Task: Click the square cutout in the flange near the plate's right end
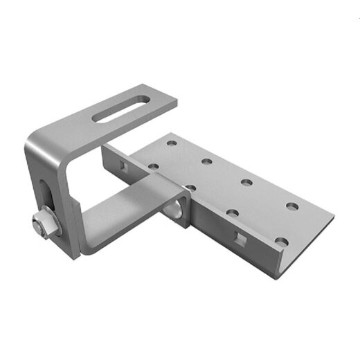(240, 238)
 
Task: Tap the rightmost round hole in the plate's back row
(290, 206)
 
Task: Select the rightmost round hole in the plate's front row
(280, 242)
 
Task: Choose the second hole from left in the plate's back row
(206, 162)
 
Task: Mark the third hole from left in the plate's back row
(246, 183)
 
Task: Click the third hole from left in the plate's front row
(233, 213)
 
